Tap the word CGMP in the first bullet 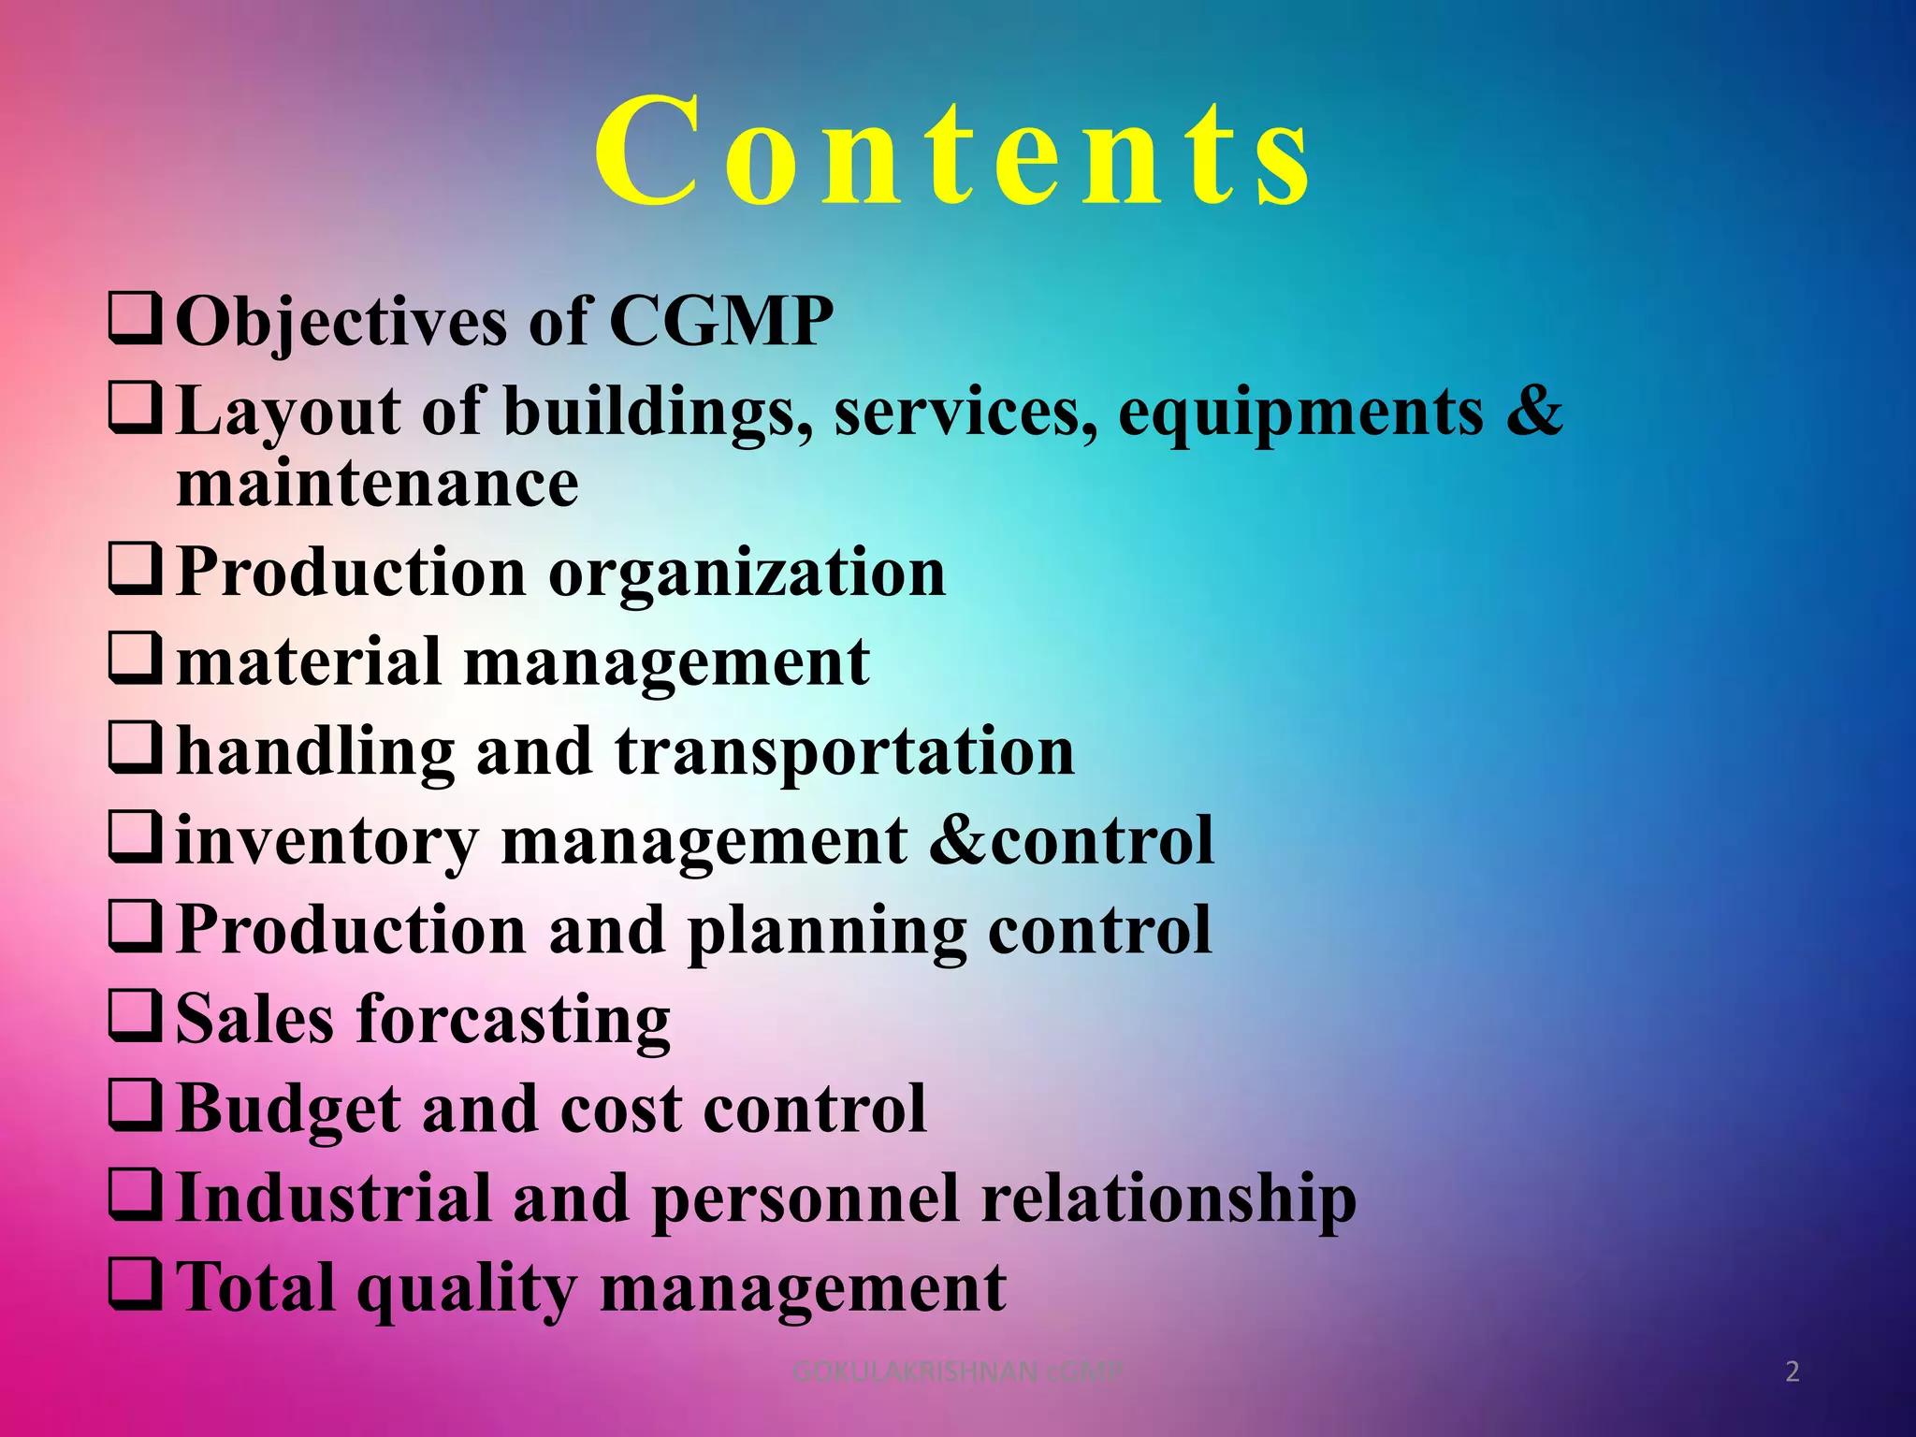click(x=720, y=322)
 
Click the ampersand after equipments click(x=1534, y=410)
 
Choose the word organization click(x=747, y=573)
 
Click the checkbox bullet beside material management click(x=137, y=660)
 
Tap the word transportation click(x=845, y=751)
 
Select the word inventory click(x=327, y=841)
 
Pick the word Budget click(x=287, y=1110)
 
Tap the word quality click(x=467, y=1289)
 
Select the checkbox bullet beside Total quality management click(x=137, y=1285)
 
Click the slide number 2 click(x=1793, y=1372)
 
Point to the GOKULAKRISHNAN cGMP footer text click(x=956, y=1372)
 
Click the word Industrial click(x=333, y=1197)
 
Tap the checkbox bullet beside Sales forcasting click(x=137, y=1017)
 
